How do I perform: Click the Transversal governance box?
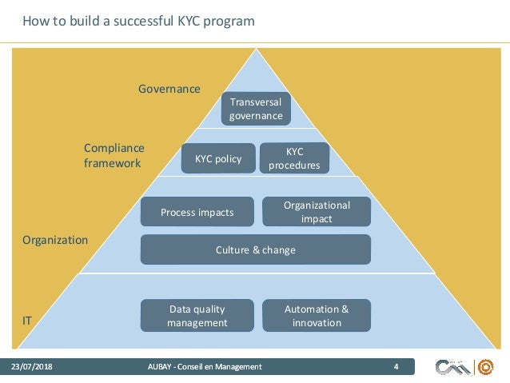(256, 109)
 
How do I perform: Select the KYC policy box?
(218, 158)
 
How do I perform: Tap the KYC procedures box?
(294, 158)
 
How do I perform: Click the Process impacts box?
(197, 212)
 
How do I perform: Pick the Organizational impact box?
(317, 212)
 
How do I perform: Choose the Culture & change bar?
(256, 249)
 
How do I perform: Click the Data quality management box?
(197, 316)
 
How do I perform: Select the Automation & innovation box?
(317, 316)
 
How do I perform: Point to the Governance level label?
(169, 89)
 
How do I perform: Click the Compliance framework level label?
(114, 155)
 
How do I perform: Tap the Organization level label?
(55, 239)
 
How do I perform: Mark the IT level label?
(27, 320)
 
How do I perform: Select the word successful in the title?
(134, 21)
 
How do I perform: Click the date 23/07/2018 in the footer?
(30, 367)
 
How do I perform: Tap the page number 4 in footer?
(396, 367)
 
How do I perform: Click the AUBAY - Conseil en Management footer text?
(205, 367)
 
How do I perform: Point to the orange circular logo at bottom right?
(485, 368)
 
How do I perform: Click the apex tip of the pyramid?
(256, 51)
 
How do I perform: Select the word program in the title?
(229, 21)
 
